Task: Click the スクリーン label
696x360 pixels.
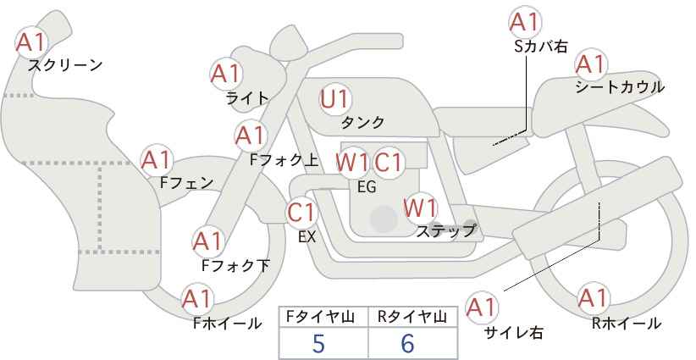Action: click(x=65, y=65)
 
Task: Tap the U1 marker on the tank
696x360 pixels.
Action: click(x=335, y=99)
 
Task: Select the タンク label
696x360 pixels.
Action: click(x=362, y=122)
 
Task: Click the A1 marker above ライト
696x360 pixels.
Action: click(x=225, y=74)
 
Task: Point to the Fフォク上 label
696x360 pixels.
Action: click(x=284, y=160)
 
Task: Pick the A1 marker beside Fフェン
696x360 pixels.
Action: click(x=157, y=160)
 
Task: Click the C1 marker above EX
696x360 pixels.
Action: click(x=301, y=212)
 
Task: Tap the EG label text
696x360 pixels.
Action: click(x=367, y=187)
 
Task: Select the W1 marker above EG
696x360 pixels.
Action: click(x=352, y=163)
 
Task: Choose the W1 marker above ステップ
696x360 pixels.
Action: click(x=420, y=208)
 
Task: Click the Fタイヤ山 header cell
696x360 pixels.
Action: click(x=323, y=318)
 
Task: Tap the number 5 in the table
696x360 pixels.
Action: click(x=318, y=343)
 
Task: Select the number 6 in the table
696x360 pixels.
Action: click(x=407, y=343)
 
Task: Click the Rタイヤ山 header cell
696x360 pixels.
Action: click(x=413, y=318)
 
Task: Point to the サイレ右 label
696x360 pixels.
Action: click(x=513, y=333)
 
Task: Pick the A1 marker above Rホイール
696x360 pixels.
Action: click(x=593, y=298)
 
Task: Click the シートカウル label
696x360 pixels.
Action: click(x=620, y=87)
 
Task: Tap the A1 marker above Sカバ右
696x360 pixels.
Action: click(x=525, y=22)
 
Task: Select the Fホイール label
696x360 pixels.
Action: click(x=227, y=324)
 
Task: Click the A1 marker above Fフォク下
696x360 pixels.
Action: click(x=207, y=242)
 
